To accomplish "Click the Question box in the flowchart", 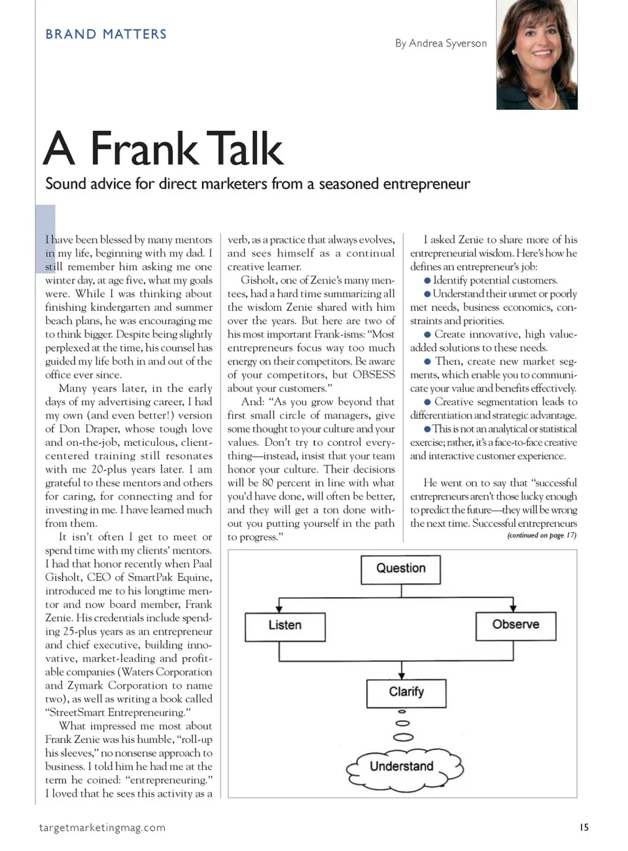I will click(400, 569).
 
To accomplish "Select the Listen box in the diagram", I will click(285, 626).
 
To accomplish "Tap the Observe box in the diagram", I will click(515, 625).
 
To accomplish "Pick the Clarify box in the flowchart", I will click(406, 693).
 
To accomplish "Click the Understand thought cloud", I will click(402, 767).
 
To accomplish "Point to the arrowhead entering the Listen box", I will click(279, 608).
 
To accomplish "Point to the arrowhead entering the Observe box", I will click(513, 607).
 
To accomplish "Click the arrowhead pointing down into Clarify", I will click(402, 675).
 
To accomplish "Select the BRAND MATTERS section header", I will click(106, 34).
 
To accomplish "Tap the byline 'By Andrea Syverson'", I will click(441, 43).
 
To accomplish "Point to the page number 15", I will click(584, 827).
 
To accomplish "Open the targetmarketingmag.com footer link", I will click(102, 827).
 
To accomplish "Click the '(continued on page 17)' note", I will click(542, 535).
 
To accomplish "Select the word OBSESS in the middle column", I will click(374, 374).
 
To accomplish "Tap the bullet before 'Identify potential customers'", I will click(427, 280).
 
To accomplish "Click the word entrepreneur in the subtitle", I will click(427, 184).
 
